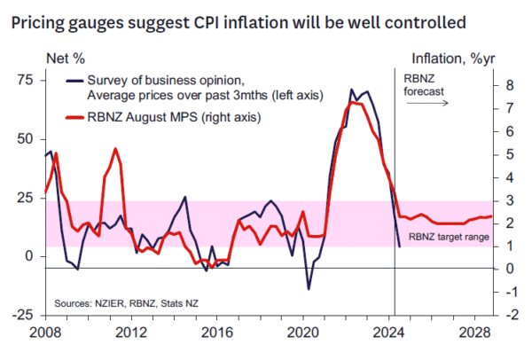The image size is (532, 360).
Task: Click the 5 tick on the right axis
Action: (x=503, y=154)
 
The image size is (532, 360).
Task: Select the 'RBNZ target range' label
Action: (x=449, y=238)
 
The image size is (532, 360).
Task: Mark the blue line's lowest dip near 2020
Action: (x=309, y=288)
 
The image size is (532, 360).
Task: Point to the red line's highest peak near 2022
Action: (x=353, y=102)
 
